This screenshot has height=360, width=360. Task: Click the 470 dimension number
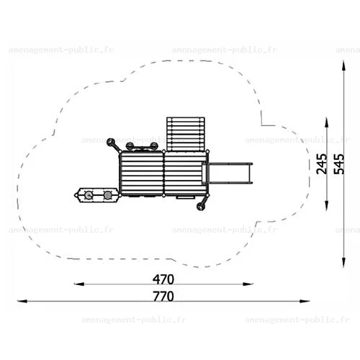click(x=163, y=279)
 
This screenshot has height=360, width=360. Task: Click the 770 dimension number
click(x=163, y=296)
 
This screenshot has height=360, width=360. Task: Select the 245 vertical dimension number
click(x=322, y=163)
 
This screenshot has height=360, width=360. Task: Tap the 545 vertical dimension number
click(x=339, y=163)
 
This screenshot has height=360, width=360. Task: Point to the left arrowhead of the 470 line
click(x=79, y=284)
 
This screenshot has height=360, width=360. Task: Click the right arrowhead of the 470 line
click(x=248, y=284)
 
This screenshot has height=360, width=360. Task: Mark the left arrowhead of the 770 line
click(x=22, y=301)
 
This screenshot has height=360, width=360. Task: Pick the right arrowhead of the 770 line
click(x=305, y=301)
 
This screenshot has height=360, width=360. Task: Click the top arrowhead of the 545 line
click(x=343, y=66)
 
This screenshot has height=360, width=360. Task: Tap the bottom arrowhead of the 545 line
click(x=343, y=262)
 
